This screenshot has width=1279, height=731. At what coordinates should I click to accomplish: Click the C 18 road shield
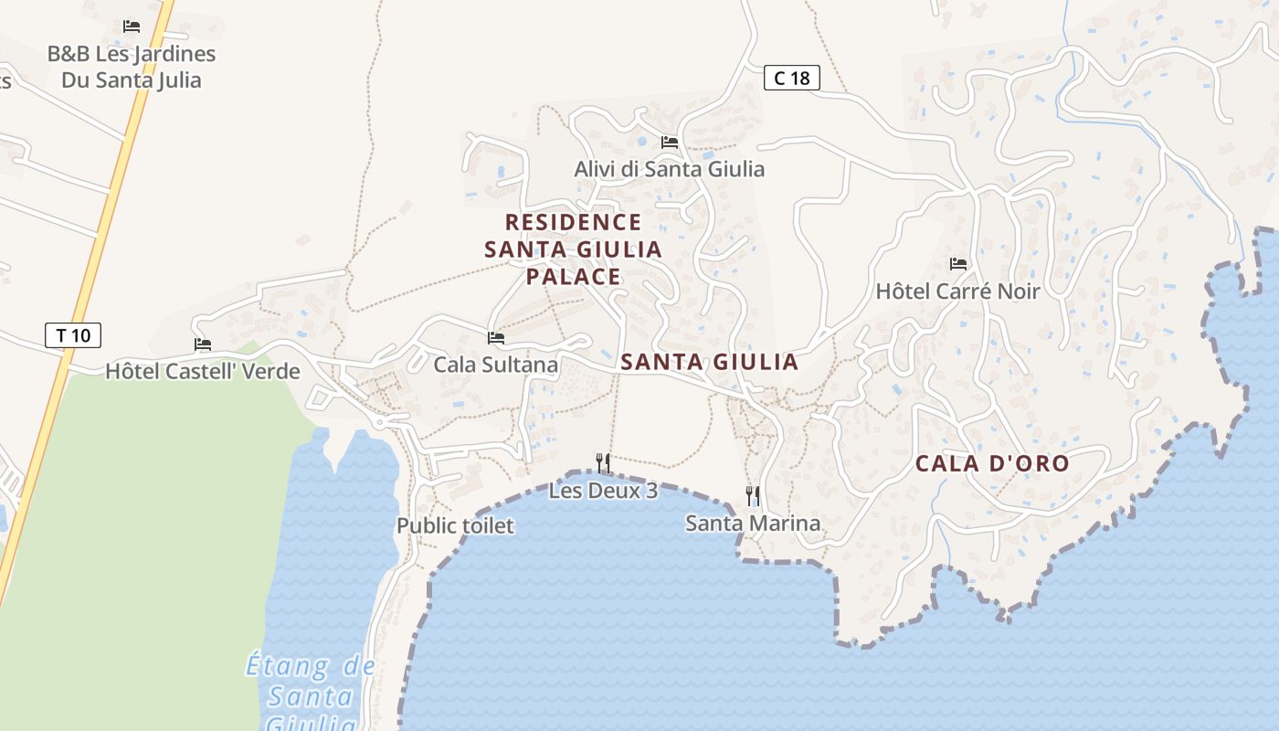(x=792, y=79)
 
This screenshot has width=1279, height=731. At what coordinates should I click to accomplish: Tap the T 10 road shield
(x=73, y=335)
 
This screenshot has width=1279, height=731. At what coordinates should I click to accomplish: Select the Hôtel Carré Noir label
(x=957, y=291)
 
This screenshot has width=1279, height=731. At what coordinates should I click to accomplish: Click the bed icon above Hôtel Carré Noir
(x=957, y=264)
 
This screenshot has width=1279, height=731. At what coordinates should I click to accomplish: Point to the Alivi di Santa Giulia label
(x=669, y=169)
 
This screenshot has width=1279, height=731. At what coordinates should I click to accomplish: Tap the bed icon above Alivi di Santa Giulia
(x=670, y=143)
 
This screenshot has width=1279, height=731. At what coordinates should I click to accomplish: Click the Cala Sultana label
(x=495, y=365)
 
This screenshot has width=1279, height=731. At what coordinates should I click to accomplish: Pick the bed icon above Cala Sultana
(x=496, y=338)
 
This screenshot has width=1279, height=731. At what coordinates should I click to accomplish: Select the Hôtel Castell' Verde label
(x=203, y=371)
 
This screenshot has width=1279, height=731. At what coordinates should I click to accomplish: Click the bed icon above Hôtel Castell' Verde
(x=203, y=344)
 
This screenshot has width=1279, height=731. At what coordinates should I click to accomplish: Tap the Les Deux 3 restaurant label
(x=603, y=491)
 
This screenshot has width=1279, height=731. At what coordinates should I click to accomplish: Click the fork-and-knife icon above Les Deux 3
(x=603, y=463)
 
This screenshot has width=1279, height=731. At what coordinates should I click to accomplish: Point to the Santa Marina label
(x=753, y=524)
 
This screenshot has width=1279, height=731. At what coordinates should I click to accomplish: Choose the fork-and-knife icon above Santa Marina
(x=753, y=496)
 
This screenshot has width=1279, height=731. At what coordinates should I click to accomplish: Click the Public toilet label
(x=455, y=525)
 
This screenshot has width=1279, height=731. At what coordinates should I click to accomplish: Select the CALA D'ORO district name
(x=992, y=463)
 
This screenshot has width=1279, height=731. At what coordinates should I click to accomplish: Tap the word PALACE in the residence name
(x=573, y=276)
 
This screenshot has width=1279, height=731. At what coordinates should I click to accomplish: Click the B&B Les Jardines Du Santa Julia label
(x=132, y=67)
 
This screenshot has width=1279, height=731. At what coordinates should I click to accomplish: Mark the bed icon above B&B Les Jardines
(x=132, y=26)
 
